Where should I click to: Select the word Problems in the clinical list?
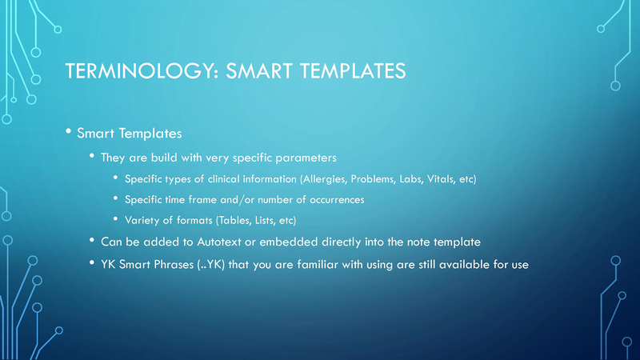(x=378, y=178)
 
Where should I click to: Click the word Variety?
(x=144, y=220)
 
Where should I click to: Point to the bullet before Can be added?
(x=93, y=241)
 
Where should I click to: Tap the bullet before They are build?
(x=93, y=156)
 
